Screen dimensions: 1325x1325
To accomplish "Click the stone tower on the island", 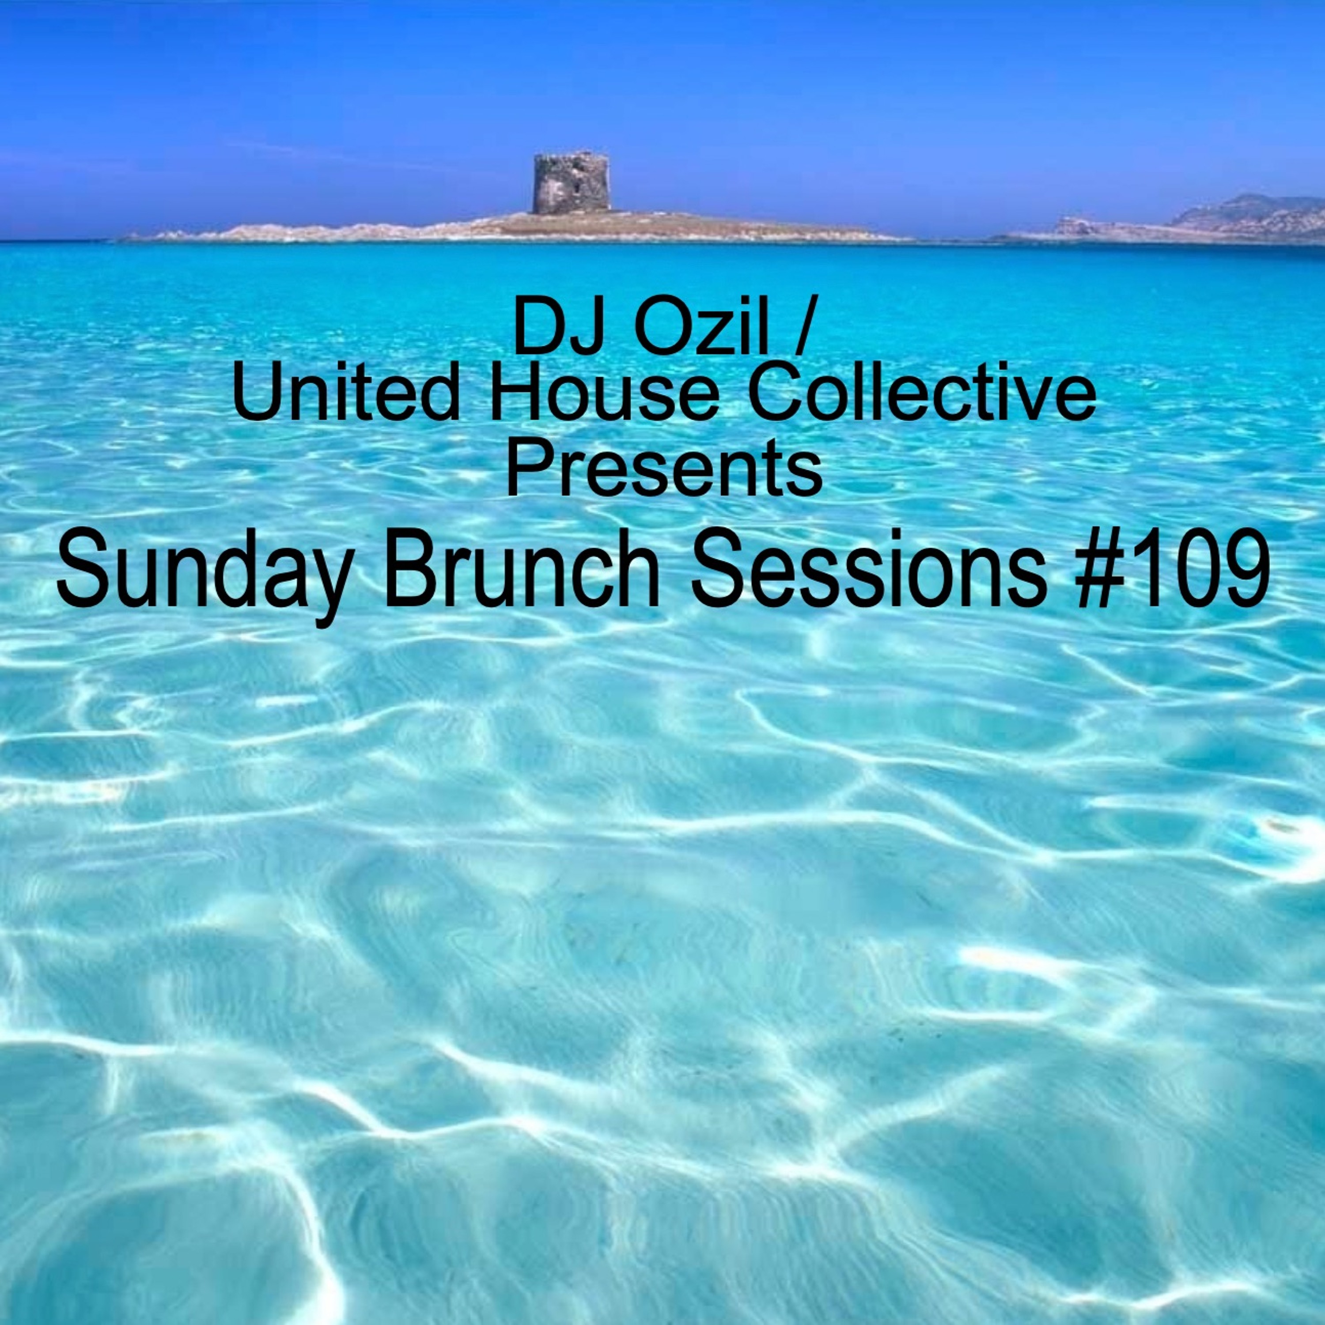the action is (571, 182).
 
